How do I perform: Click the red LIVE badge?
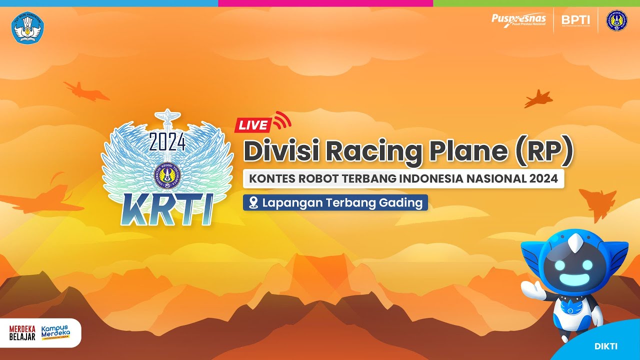[253, 125]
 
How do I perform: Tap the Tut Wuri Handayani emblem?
[27, 27]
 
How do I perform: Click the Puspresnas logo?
[518, 20]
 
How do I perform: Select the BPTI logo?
[575, 20]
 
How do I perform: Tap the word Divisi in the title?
[281, 151]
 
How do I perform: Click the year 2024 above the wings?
[167, 143]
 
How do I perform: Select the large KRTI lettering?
[167, 209]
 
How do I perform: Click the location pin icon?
[253, 203]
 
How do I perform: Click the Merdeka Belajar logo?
[22, 332]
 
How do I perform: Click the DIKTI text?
[606, 346]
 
